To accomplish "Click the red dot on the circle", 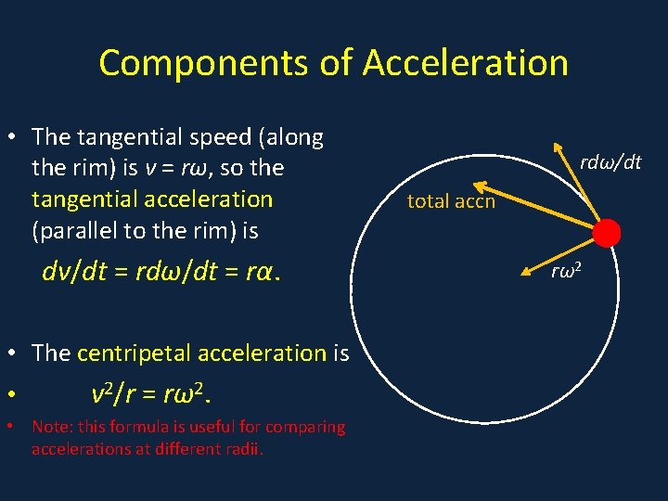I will point(606,232).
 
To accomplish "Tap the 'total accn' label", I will point(451,200).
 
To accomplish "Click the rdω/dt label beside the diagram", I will point(610,163).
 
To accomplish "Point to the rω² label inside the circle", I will point(567,271).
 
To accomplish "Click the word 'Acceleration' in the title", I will point(465,63).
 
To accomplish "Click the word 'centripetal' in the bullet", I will point(136,353).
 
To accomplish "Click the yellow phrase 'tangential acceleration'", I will point(152,199).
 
